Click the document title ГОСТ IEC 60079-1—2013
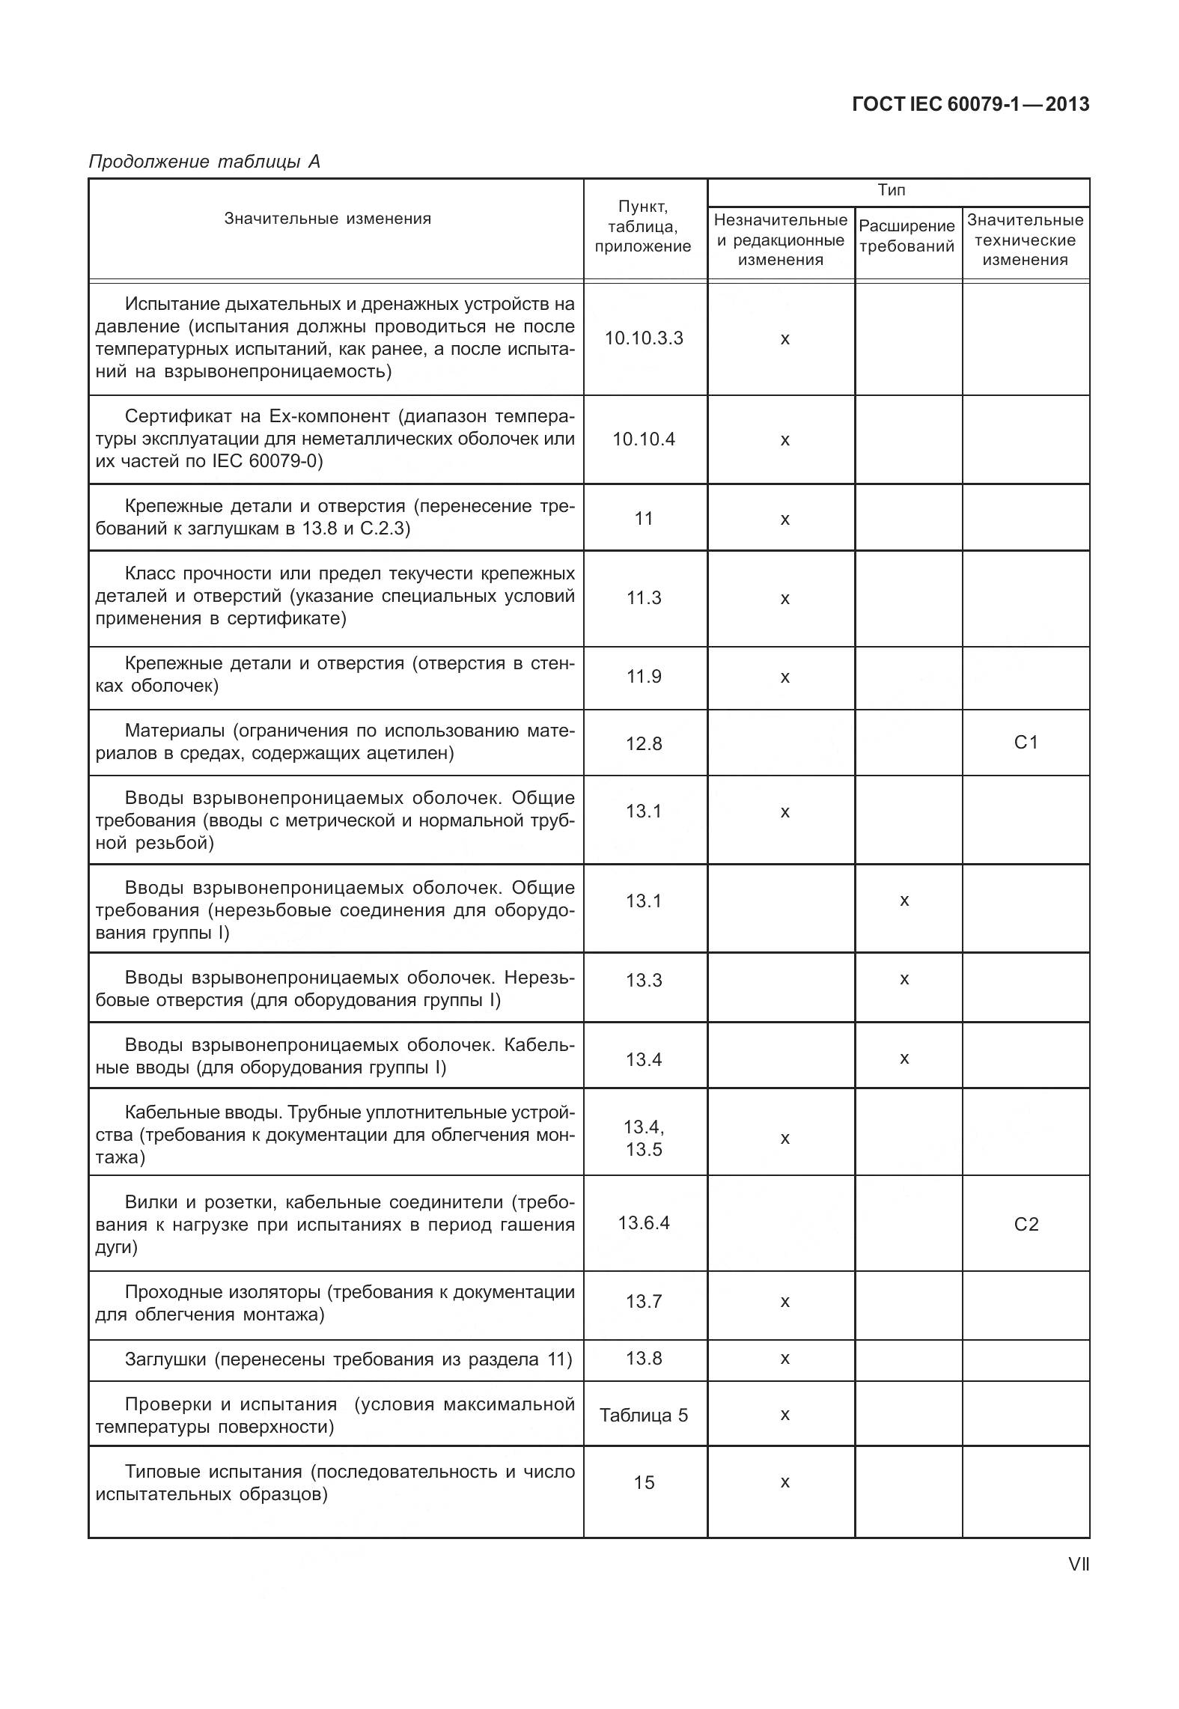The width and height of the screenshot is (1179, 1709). click(x=970, y=105)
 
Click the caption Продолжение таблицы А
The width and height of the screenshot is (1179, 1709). click(x=204, y=162)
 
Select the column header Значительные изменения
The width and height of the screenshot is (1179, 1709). click(x=328, y=219)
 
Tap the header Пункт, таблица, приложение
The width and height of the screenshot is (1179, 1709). click(x=643, y=227)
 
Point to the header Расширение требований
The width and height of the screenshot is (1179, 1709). click(x=907, y=236)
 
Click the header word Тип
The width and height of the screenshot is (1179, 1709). click(x=891, y=190)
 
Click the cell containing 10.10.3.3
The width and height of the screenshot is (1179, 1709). click(x=644, y=338)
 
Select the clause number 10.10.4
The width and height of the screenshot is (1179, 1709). click(x=644, y=439)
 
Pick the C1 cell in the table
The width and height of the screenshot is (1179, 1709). click(x=1026, y=743)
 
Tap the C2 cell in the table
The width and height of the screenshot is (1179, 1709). click(x=1026, y=1225)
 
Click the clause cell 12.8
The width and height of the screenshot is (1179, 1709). click(x=644, y=743)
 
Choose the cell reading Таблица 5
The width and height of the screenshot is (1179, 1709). click(x=644, y=1416)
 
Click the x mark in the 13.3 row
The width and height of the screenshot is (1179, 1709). click(x=904, y=979)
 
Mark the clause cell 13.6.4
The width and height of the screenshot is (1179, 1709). click(x=644, y=1223)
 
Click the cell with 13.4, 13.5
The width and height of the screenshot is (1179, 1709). click(x=644, y=1138)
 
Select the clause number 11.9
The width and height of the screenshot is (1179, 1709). click(x=644, y=677)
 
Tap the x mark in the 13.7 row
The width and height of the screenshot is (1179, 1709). click(x=785, y=1302)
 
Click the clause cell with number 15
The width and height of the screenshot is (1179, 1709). click(x=644, y=1483)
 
